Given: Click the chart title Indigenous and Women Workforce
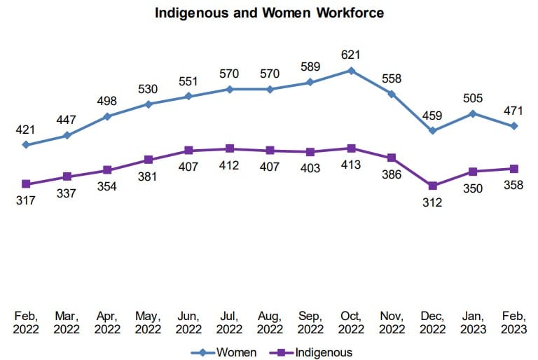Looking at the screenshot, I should (269, 13).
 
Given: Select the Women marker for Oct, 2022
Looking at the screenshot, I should (351, 71).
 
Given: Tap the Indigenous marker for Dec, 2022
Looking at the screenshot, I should (433, 186).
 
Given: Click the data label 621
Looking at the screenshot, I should (351, 54).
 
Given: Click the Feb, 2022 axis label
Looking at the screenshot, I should (26, 322).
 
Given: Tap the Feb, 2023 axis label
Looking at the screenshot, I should (514, 322).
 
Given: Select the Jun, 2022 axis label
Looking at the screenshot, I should (188, 322).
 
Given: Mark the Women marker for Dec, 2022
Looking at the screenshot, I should (433, 131).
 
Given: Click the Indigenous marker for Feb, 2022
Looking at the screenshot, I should (26, 184).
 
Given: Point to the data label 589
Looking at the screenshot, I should (310, 67).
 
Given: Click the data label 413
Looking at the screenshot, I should (350, 165).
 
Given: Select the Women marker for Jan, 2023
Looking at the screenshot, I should (474, 113).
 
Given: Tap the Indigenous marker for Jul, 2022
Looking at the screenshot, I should (229, 148).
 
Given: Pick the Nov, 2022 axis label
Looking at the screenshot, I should (392, 322).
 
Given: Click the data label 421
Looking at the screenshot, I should (26, 129).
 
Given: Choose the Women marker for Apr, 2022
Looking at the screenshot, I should (107, 116).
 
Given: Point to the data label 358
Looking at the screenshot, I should (514, 186).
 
